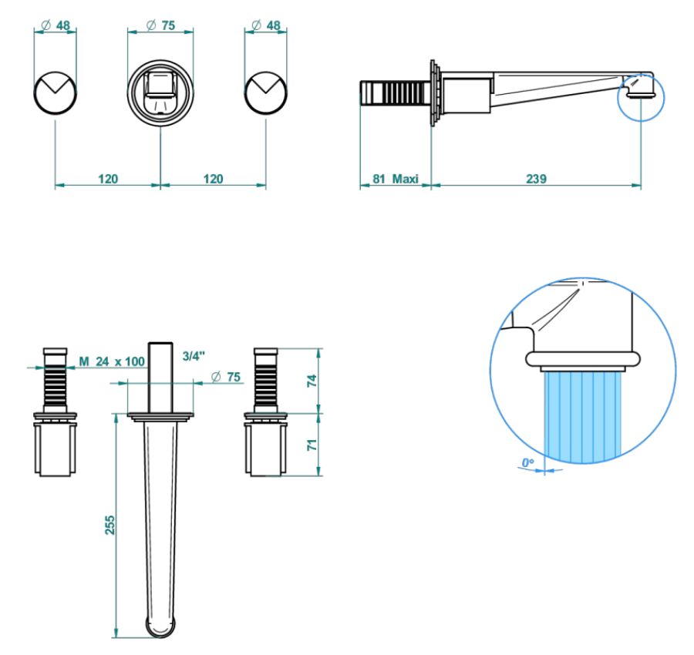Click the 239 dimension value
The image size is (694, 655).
pyautogui.click(x=536, y=179)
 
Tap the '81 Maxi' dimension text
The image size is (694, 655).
pyautogui.click(x=396, y=179)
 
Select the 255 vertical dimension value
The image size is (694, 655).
pyautogui.click(x=109, y=525)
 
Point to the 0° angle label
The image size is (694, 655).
pyautogui.click(x=527, y=463)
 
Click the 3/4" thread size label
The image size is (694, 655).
pyautogui.click(x=194, y=356)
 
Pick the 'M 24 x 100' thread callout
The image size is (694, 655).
pyautogui.click(x=112, y=361)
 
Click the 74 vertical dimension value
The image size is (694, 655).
pyautogui.click(x=312, y=381)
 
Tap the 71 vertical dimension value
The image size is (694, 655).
pyautogui.click(x=312, y=445)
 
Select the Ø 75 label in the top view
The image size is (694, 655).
pyautogui.click(x=160, y=25)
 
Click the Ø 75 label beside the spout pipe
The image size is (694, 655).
pyautogui.click(x=226, y=377)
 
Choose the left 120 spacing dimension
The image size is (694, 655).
pyautogui.click(x=108, y=179)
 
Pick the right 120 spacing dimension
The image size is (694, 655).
pyautogui.click(x=213, y=179)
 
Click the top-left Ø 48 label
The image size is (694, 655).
pyautogui.click(x=56, y=25)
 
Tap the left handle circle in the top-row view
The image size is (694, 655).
pyautogui.click(x=56, y=93)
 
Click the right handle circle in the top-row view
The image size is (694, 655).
pyautogui.click(x=265, y=93)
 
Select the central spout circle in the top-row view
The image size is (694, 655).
pyautogui.click(x=160, y=93)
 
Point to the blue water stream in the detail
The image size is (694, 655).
pyautogui.click(x=582, y=417)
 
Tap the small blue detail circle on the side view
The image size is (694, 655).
pyautogui.click(x=641, y=97)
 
